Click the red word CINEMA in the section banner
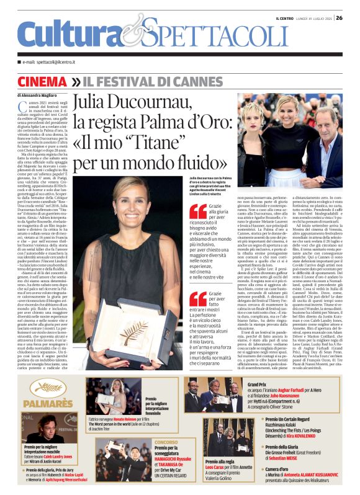coord(43,82)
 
